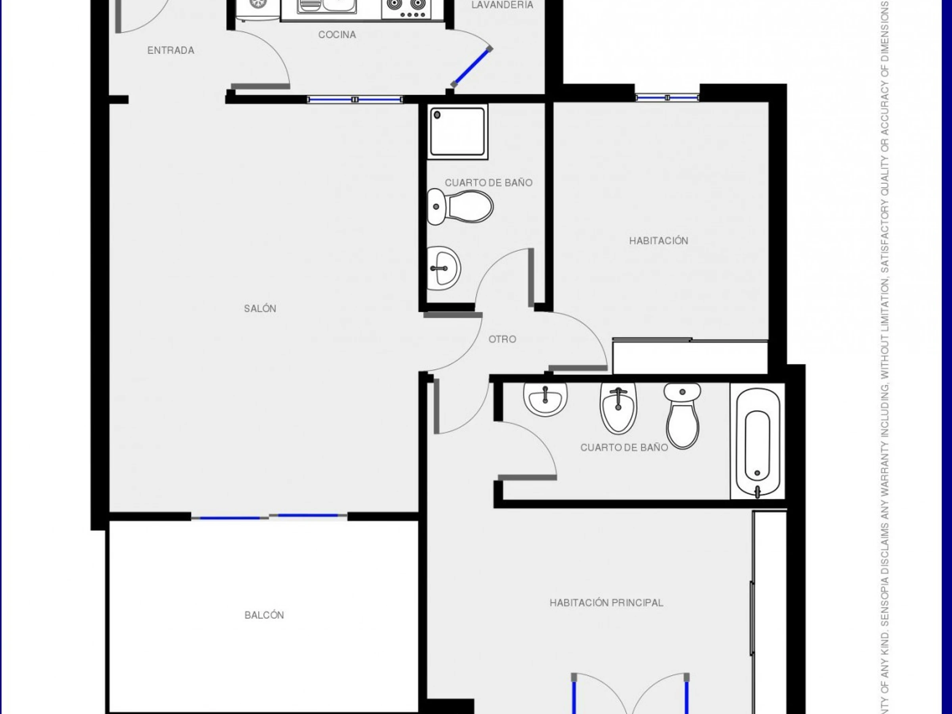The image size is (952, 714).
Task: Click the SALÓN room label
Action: (x=260, y=309)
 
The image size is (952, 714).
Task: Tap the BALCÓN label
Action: (x=264, y=616)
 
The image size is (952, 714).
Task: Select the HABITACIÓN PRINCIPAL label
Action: (x=607, y=603)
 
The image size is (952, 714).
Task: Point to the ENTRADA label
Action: (x=171, y=50)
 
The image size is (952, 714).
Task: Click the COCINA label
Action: (x=337, y=35)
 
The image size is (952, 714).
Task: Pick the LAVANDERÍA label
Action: (x=502, y=5)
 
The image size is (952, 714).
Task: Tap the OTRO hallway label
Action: (x=502, y=339)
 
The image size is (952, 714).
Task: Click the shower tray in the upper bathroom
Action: (x=458, y=131)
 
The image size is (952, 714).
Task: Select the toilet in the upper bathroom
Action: (x=460, y=207)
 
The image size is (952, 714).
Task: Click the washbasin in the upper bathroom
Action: (x=444, y=269)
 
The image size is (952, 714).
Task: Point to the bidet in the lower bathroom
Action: (x=618, y=408)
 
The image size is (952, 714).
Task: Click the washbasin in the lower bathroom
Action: (x=545, y=399)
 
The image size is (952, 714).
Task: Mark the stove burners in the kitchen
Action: (x=406, y=10)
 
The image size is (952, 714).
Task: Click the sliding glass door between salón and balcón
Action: (x=269, y=516)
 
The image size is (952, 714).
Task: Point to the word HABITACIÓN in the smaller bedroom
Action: (x=658, y=241)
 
